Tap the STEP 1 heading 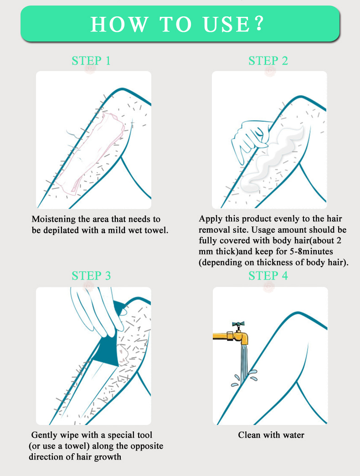(x=91, y=61)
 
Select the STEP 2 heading (x=268, y=61)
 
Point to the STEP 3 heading (x=91, y=276)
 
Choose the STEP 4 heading (x=268, y=276)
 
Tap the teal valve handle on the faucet (x=238, y=325)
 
